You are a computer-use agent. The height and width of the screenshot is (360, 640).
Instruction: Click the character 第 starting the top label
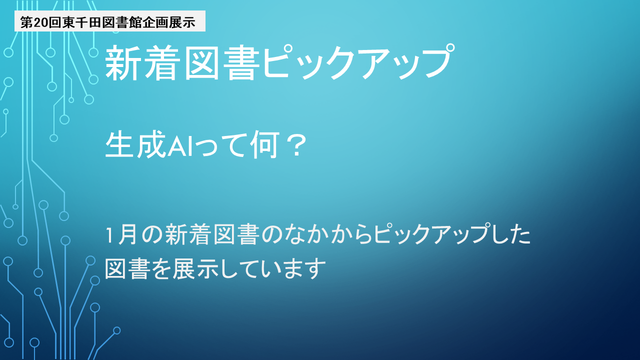click(26, 22)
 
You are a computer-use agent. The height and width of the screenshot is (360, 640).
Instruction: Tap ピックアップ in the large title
click(357, 61)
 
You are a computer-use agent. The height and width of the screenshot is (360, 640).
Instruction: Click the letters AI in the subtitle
click(180, 146)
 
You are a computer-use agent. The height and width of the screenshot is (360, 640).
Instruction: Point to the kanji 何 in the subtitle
click(264, 144)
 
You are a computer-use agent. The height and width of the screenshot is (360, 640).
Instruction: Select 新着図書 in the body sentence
click(213, 234)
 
